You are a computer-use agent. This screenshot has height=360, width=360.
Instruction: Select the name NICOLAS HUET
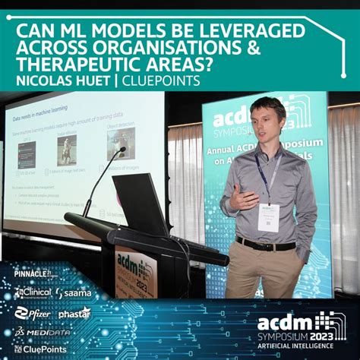click(64, 81)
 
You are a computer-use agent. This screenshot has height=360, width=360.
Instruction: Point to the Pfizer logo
click(33, 311)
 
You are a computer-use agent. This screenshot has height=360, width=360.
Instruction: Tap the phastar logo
click(74, 312)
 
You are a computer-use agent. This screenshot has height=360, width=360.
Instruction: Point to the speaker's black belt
click(266, 245)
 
